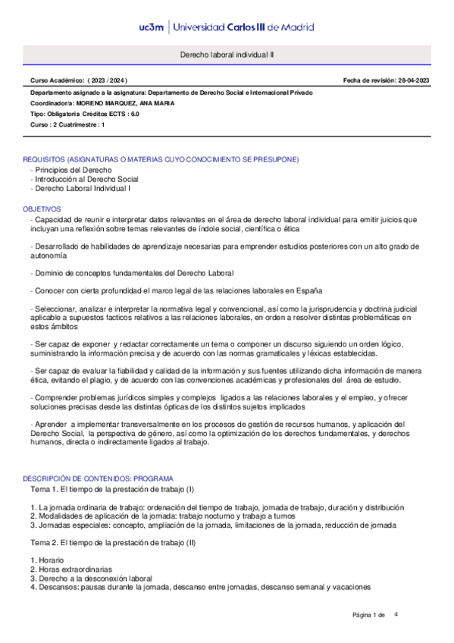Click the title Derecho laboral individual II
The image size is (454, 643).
tap(227, 55)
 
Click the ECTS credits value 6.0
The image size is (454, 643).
tap(135, 113)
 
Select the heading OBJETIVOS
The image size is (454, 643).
tap(42, 207)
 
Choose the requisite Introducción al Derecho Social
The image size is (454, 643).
tap(88, 179)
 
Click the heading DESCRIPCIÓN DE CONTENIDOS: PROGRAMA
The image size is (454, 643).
tap(99, 479)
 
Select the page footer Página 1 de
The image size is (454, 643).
tap(369, 614)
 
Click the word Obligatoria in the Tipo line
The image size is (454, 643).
tap(67, 113)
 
